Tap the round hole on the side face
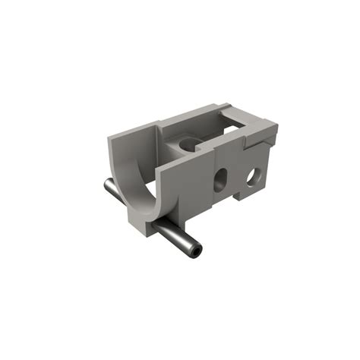251,177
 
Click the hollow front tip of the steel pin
197,250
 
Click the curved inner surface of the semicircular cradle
139,182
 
